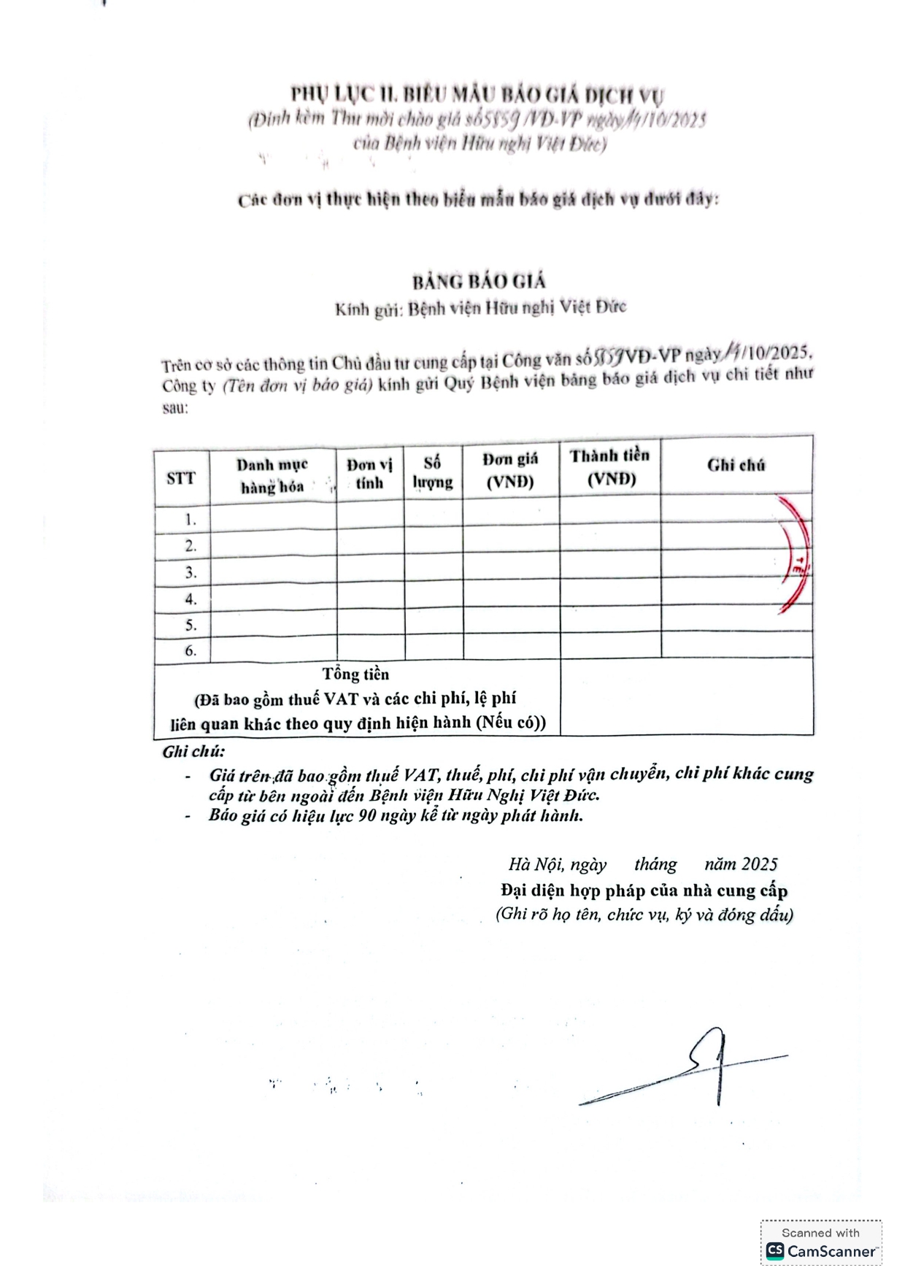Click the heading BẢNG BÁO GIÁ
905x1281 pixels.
tap(479, 282)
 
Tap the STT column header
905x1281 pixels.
tap(181, 478)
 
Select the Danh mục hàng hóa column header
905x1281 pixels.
tap(272, 475)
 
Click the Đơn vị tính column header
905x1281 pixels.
tap(369, 474)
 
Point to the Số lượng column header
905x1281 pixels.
tap(433, 472)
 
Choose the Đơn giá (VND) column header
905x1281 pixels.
tap(510, 470)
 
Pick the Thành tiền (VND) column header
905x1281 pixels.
tap(610, 466)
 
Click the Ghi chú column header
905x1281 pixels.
tap(736, 465)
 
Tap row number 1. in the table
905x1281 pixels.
tap(190, 520)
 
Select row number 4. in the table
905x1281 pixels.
tap(190, 599)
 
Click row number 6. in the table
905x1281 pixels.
tap(190, 650)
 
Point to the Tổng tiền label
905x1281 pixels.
tap(356, 674)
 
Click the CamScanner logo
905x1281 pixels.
tap(820, 1250)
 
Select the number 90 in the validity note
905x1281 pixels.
tap(367, 815)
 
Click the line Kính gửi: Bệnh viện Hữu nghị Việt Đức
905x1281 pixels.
tap(480, 308)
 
